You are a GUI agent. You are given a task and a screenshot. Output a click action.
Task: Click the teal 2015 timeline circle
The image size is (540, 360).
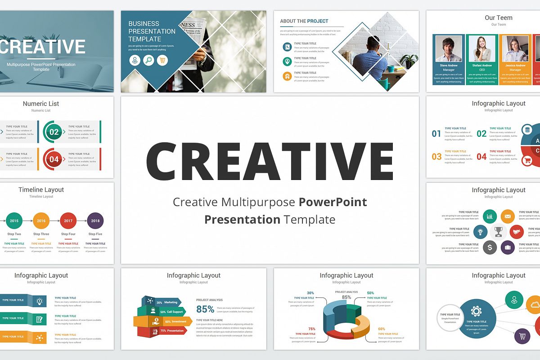point(14,221)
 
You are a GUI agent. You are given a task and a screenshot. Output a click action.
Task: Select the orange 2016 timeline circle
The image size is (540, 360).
point(41,221)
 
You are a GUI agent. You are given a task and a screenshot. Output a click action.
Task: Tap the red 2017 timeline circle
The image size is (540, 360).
point(68,221)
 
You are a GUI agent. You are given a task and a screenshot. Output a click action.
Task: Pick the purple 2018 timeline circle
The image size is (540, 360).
point(95,221)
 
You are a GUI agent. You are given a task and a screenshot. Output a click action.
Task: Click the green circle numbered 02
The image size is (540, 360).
point(54,132)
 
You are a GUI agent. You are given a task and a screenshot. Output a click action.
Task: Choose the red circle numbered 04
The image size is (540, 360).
point(54,159)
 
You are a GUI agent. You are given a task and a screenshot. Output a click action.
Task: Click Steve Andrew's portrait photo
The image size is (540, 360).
point(449,49)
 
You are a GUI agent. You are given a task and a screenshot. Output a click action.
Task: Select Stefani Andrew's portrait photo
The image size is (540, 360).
point(482,49)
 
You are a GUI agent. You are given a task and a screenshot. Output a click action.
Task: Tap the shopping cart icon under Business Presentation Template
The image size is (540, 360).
point(162,60)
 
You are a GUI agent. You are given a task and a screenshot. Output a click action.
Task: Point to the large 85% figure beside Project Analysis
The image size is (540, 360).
point(205,309)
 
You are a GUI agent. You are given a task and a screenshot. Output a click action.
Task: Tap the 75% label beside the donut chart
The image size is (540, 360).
point(312,329)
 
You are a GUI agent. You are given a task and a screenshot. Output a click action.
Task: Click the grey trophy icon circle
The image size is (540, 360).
point(498,232)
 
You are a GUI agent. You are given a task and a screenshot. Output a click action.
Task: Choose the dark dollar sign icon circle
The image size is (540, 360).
point(490,247)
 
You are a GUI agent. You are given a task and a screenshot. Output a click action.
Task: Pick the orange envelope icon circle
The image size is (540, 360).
point(508,216)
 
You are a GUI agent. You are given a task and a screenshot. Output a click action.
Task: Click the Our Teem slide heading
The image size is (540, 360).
point(498,18)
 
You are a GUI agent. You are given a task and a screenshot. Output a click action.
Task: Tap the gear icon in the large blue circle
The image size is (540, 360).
point(476,311)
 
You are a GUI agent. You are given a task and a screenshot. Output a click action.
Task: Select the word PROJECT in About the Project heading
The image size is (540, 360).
point(318,21)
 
